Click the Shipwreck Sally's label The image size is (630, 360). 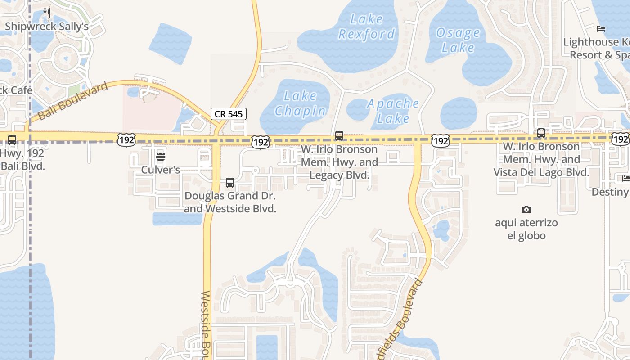[x=47, y=27]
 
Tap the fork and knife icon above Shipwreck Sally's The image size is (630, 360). [x=47, y=13]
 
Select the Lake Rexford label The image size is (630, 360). [x=367, y=27]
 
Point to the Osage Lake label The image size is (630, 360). [x=458, y=40]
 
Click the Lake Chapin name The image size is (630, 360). [x=300, y=103]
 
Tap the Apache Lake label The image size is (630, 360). [x=393, y=111]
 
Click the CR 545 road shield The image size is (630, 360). [x=229, y=114]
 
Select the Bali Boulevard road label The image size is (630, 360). [x=73, y=101]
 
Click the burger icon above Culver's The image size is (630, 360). [x=161, y=157]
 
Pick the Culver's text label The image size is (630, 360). [x=161, y=170]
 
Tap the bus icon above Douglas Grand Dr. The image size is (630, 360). [x=230, y=183]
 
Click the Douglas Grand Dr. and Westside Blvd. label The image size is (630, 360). [x=230, y=202]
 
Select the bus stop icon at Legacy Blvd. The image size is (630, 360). [x=339, y=135]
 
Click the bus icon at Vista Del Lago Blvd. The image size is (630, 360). [x=541, y=133]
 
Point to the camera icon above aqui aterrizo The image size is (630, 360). [x=526, y=209]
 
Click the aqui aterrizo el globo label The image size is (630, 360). [x=526, y=229]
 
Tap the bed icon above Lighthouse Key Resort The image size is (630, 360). [x=601, y=29]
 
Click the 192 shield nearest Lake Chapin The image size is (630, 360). [x=261, y=142]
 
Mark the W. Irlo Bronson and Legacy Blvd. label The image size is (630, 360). [x=339, y=162]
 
